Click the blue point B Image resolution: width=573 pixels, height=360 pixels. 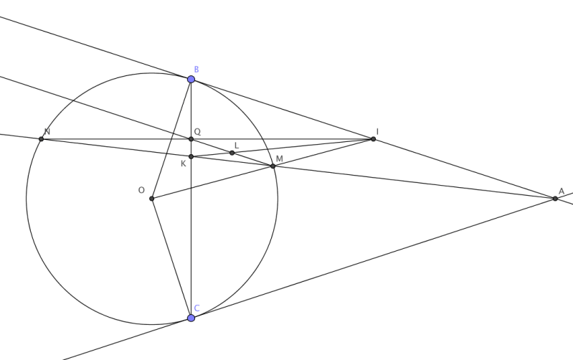(x=191, y=79)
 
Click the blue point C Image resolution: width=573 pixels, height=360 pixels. (x=191, y=317)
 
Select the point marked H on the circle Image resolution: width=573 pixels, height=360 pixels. (x=42, y=138)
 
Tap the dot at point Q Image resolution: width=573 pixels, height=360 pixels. (x=191, y=138)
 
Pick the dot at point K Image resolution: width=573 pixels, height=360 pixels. (x=191, y=156)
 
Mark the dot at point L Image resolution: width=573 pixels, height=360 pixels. (x=232, y=153)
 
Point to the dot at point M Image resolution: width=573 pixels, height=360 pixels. (x=273, y=166)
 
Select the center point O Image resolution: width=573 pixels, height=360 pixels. (x=151, y=198)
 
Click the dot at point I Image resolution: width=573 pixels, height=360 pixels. (x=373, y=138)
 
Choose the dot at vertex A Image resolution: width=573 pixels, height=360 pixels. (x=555, y=198)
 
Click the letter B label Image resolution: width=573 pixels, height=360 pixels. (x=196, y=69)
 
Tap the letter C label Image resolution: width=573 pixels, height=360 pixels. (x=197, y=308)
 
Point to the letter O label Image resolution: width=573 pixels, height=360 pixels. (x=142, y=190)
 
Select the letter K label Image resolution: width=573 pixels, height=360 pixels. (x=184, y=164)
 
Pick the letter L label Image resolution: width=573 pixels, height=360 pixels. (x=236, y=145)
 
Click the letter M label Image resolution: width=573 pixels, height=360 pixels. (x=278, y=158)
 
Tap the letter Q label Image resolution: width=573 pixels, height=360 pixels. (x=197, y=132)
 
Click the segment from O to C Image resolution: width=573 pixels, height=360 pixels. (x=171, y=257)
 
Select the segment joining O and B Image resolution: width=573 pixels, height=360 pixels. (x=171, y=139)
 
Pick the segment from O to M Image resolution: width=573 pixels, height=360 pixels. (x=212, y=182)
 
